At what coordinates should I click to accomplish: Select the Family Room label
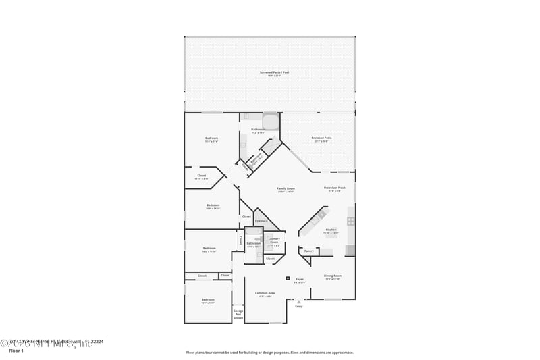286,189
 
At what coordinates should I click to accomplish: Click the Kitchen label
331,230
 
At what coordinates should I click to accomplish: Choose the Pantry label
308,251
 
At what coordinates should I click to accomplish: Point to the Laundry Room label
274,240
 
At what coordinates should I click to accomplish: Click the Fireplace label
261,220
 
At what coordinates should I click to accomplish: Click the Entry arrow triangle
299,301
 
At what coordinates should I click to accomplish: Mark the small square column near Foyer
288,278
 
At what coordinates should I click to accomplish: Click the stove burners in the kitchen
351,221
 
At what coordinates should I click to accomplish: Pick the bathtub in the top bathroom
271,122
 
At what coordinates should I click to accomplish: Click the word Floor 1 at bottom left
16,351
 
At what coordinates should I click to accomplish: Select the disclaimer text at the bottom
269,352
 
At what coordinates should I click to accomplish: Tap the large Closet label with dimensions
201,176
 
